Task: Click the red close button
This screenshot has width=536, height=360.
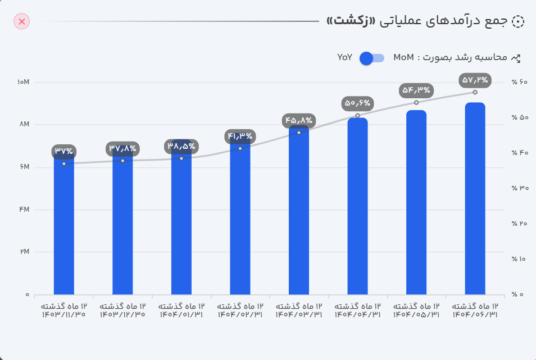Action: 22,21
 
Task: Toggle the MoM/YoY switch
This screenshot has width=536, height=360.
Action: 371,58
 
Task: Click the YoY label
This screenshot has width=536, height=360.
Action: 344,58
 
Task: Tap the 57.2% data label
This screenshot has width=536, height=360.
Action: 475,80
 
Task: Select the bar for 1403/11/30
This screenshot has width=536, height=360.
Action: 64,225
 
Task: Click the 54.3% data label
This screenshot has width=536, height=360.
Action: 416,90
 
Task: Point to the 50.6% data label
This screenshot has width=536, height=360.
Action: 357,103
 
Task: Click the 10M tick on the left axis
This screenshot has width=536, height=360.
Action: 23,83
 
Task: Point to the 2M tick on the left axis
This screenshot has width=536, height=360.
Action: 23,252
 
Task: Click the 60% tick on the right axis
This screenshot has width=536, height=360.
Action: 520,83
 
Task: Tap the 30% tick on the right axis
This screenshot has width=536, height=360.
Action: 520,188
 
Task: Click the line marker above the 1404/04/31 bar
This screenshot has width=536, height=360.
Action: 357,116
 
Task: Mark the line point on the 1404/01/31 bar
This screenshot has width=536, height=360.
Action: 181,158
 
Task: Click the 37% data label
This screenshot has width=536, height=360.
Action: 64,151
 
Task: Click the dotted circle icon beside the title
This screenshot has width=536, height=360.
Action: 518,21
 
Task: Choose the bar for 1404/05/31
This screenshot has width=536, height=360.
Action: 416,202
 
